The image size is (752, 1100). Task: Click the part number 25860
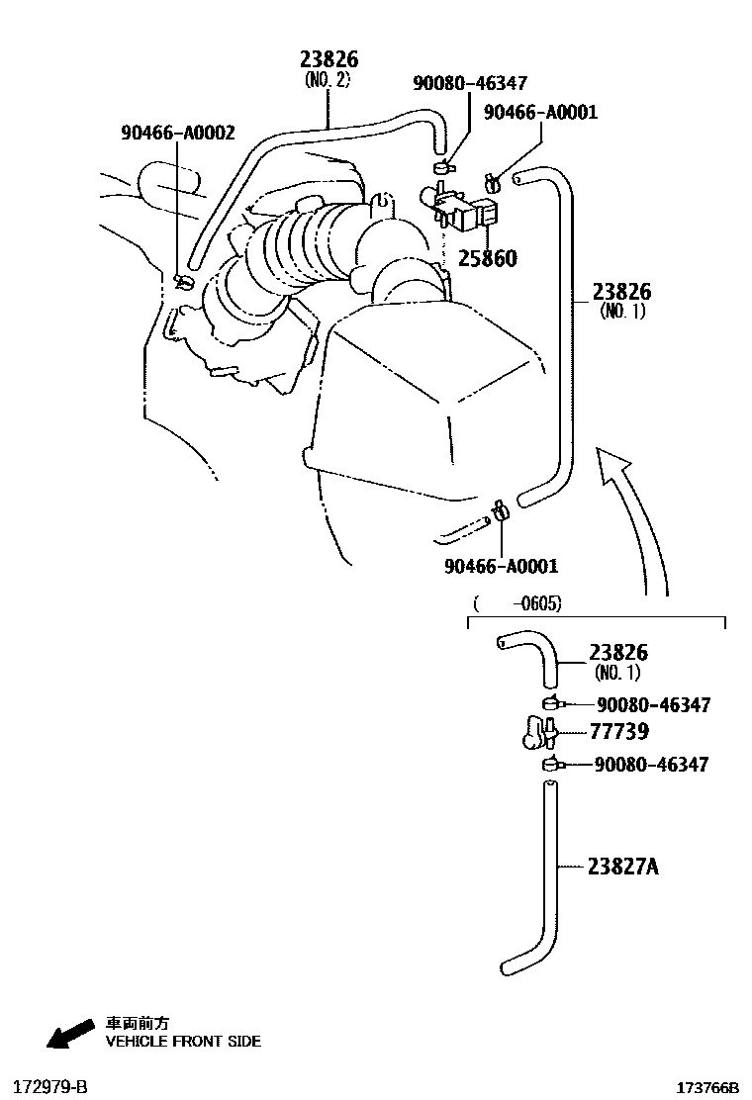point(487,259)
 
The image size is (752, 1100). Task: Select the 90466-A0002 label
point(178,132)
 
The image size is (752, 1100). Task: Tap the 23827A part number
point(623,868)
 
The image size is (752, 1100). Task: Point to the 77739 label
point(620,732)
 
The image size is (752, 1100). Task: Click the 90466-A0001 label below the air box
point(502,567)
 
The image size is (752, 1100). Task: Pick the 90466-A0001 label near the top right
point(540,113)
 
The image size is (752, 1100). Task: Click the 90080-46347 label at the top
point(470,84)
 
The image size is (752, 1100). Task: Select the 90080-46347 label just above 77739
point(653,705)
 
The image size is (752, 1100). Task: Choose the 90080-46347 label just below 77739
point(652,765)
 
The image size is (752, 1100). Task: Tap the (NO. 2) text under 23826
point(328,80)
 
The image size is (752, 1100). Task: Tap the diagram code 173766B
point(707,1088)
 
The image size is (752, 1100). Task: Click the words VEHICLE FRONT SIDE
point(183,1041)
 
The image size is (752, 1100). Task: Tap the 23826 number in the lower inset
point(618,653)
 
